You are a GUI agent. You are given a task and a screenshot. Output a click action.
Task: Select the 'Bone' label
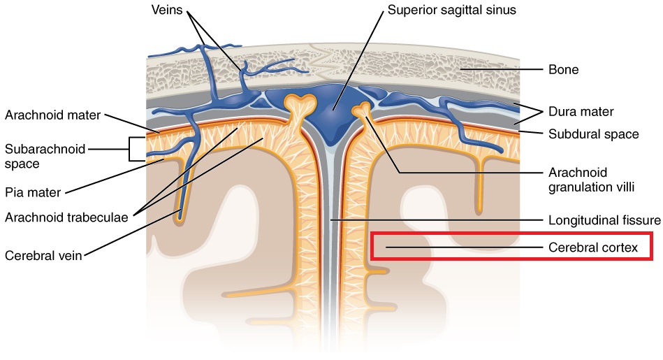(564, 70)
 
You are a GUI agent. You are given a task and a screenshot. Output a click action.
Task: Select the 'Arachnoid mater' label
(52, 114)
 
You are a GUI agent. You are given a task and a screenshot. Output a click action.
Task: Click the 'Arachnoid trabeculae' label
(66, 217)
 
